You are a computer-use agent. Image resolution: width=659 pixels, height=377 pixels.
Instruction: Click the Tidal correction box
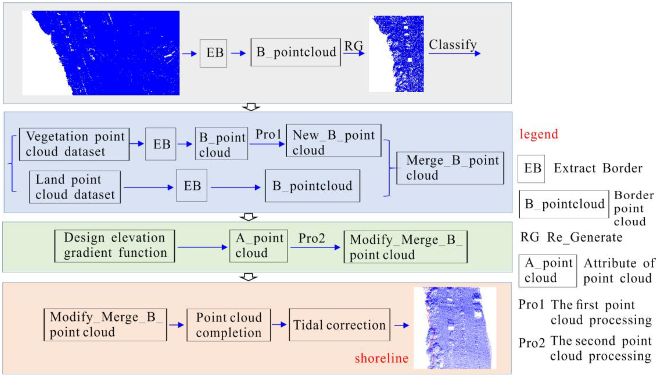click(339, 324)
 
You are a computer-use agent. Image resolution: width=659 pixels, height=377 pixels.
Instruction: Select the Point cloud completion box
click(228, 325)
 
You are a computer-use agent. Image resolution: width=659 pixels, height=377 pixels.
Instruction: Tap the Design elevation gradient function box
click(115, 246)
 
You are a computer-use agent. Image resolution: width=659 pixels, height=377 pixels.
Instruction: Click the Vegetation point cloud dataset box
click(74, 144)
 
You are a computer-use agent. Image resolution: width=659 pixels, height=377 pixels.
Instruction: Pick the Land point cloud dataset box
click(75, 187)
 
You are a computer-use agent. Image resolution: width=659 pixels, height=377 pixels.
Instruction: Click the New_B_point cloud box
click(333, 141)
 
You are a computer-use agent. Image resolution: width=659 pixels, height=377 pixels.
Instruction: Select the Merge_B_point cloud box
click(450, 168)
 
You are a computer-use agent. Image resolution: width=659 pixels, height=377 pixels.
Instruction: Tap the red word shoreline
click(381, 358)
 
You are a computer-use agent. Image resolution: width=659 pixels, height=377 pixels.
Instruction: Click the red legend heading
click(539, 134)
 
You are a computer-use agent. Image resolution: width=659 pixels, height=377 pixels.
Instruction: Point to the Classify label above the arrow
click(453, 45)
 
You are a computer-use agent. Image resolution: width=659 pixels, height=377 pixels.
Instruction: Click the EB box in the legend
click(531, 169)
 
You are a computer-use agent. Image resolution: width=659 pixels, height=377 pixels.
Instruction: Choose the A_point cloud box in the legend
click(547, 270)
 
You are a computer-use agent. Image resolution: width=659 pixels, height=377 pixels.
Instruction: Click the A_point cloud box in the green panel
click(258, 246)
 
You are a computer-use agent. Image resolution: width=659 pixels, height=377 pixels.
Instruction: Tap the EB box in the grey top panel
click(213, 53)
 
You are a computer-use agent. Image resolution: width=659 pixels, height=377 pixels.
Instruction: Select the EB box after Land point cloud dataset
click(192, 185)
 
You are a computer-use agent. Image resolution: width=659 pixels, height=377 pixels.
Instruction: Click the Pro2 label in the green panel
click(311, 238)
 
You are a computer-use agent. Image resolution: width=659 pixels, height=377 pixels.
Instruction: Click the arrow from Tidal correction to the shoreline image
click(401, 325)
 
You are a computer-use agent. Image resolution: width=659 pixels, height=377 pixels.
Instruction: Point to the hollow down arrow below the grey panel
click(251, 107)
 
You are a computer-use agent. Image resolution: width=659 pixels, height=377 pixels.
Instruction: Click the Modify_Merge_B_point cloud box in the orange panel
click(105, 324)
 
